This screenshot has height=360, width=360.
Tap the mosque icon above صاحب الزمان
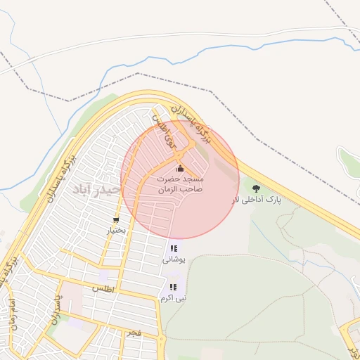180,168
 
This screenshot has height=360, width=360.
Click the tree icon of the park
256,188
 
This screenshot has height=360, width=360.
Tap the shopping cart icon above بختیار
115,220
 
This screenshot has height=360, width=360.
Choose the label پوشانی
174,259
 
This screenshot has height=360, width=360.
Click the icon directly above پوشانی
174,248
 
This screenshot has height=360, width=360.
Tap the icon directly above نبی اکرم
173,287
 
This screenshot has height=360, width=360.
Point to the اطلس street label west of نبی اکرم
103,289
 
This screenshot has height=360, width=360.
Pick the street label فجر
134,331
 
